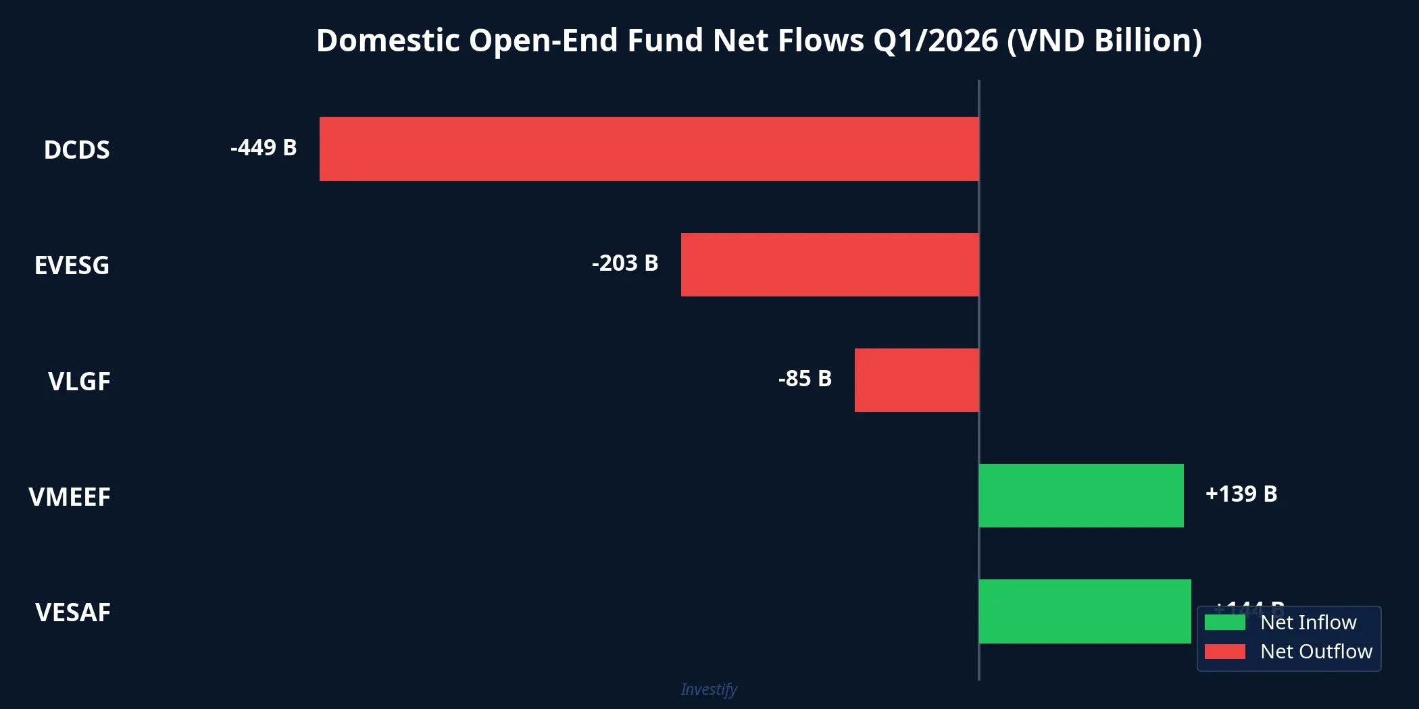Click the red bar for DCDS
(649, 149)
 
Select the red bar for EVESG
(830, 265)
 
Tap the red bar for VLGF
(916, 380)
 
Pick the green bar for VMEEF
(1081, 496)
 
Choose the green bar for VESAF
(1085, 611)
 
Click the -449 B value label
(264, 148)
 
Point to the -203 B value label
(625, 263)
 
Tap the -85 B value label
(805, 379)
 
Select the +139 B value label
(1241, 494)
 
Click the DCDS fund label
(76, 150)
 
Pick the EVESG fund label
(72, 265)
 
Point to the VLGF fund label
(79, 382)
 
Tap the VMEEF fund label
(70, 497)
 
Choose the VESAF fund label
(73, 612)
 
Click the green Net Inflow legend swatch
(1224, 623)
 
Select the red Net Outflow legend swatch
(1224, 652)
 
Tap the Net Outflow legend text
(1316, 652)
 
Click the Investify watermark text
(709, 689)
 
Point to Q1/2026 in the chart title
(935, 41)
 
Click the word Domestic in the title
(388, 41)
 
